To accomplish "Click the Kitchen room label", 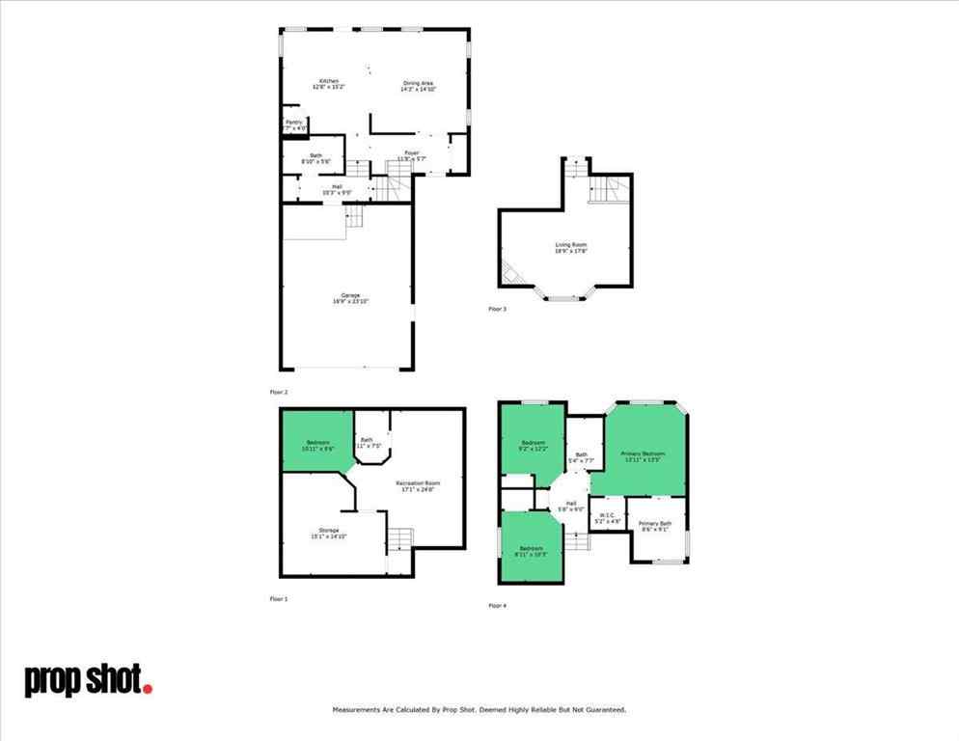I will pyautogui.click(x=328, y=80).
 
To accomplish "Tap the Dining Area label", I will pyautogui.click(x=417, y=84).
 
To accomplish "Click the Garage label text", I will pyautogui.click(x=350, y=295).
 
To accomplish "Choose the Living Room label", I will pyautogui.click(x=570, y=245).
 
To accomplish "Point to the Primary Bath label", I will pyautogui.click(x=654, y=523).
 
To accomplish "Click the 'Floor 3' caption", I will pyautogui.click(x=497, y=309).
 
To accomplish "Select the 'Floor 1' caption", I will pyautogui.click(x=278, y=599).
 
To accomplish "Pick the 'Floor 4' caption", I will pyautogui.click(x=497, y=606).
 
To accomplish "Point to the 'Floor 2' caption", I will pyautogui.click(x=278, y=393).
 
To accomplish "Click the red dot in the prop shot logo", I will pyautogui.click(x=148, y=688).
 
